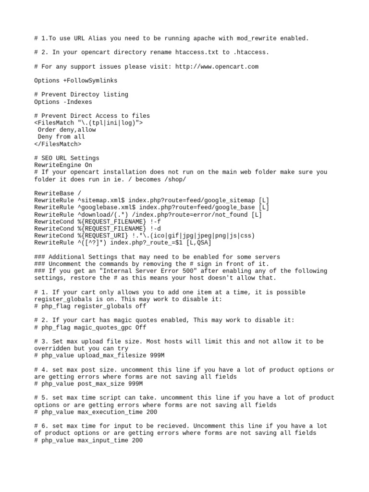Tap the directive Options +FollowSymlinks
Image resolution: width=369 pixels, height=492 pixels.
tap(75, 80)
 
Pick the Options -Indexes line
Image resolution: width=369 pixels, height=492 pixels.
tap(63, 102)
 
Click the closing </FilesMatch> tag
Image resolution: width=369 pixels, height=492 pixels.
tap(58, 144)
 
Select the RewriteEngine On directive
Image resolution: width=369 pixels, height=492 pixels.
tap(63, 165)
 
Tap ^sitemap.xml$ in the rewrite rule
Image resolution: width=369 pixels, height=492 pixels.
tap(100, 200)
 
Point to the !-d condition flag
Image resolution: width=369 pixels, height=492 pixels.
tap(156, 228)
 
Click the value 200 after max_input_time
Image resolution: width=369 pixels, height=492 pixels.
tap(136, 440)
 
